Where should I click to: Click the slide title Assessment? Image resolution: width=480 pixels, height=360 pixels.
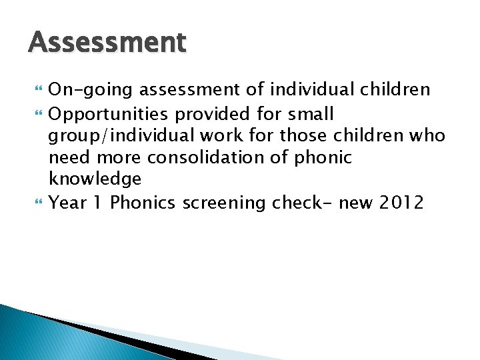(x=107, y=43)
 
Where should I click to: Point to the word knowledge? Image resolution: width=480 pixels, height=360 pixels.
(x=95, y=179)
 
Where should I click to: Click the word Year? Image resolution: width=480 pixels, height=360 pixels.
(x=68, y=202)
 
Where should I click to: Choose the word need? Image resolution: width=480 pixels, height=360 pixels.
(x=68, y=157)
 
